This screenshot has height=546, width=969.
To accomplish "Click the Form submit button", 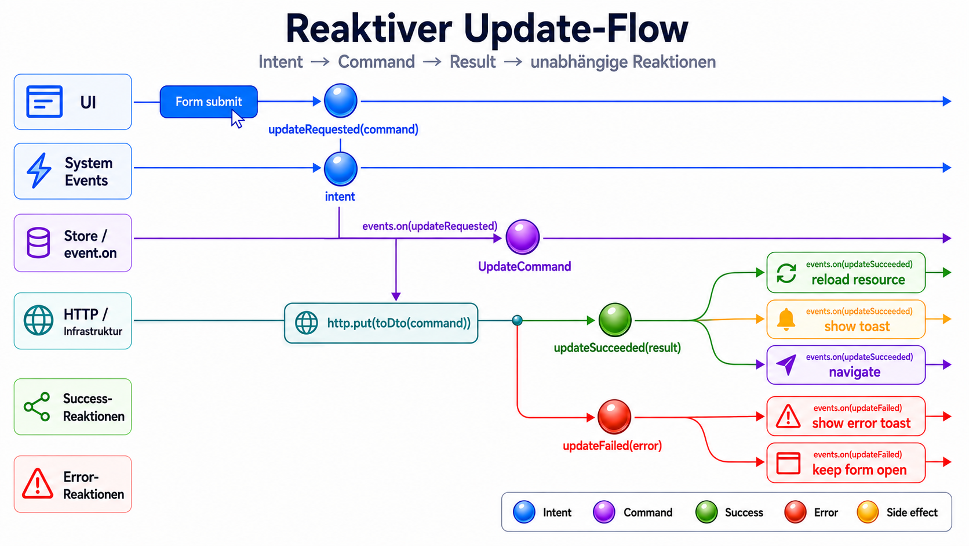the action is tap(209, 102).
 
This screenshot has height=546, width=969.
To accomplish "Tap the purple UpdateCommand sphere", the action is tap(523, 237).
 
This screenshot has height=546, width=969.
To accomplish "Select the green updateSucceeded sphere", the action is tap(615, 320).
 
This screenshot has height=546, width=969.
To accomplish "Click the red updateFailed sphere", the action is tap(614, 417).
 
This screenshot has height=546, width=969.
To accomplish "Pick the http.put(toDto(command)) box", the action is tap(381, 323).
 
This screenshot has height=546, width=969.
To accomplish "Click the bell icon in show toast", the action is tap(786, 320).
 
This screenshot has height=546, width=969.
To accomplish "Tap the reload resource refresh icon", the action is tap(786, 273).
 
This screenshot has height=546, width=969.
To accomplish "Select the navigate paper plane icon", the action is tap(786, 365).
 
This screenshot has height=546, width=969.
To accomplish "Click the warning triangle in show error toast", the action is tap(788, 416).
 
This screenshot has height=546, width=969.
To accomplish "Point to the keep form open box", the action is tap(846, 462).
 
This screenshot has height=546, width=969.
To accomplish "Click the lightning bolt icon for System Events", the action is tap(39, 170).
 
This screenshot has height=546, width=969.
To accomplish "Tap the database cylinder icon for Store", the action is tap(38, 243).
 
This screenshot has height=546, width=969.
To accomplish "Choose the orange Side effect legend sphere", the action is tap(868, 512).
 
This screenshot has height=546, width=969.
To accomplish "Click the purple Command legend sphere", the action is tap(604, 512).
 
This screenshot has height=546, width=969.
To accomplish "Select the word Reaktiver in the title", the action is tap(369, 28).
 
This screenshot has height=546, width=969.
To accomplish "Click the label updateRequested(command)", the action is tap(344, 129).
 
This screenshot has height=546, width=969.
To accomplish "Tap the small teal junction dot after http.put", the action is tap(518, 320).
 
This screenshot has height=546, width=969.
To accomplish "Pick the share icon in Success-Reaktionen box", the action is tap(37, 407).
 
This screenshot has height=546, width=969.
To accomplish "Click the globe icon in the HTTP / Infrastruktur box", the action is tap(38, 320).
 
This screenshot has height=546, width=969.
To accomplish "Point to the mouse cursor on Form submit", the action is tap(237, 119).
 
